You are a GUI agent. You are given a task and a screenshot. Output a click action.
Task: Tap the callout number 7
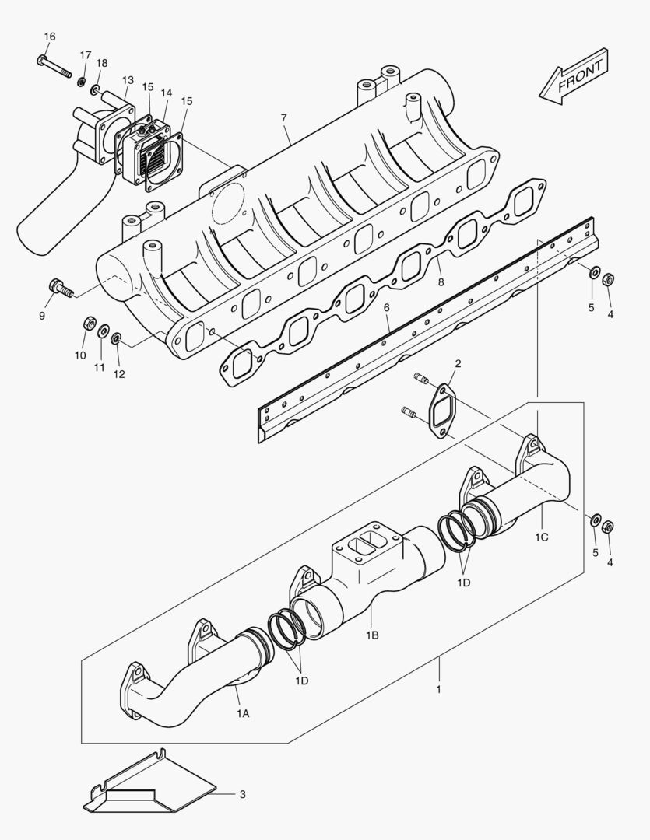[x=284, y=117]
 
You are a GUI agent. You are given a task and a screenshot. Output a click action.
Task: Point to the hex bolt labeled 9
[x=59, y=288]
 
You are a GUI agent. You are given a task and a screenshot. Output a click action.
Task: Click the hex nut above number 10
[x=89, y=323]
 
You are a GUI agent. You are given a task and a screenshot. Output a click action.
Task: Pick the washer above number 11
[x=103, y=332]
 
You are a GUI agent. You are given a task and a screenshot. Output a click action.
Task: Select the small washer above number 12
[x=116, y=338]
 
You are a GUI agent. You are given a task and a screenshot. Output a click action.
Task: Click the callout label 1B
[x=373, y=635]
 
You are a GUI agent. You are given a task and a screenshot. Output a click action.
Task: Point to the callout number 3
[x=242, y=794]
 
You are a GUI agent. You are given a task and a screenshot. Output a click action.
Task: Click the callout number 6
[x=386, y=307]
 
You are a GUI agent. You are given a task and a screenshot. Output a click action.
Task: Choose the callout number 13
[x=128, y=80]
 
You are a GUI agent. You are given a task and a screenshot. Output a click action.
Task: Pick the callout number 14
[x=166, y=93]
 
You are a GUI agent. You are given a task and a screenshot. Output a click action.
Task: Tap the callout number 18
[x=102, y=62]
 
